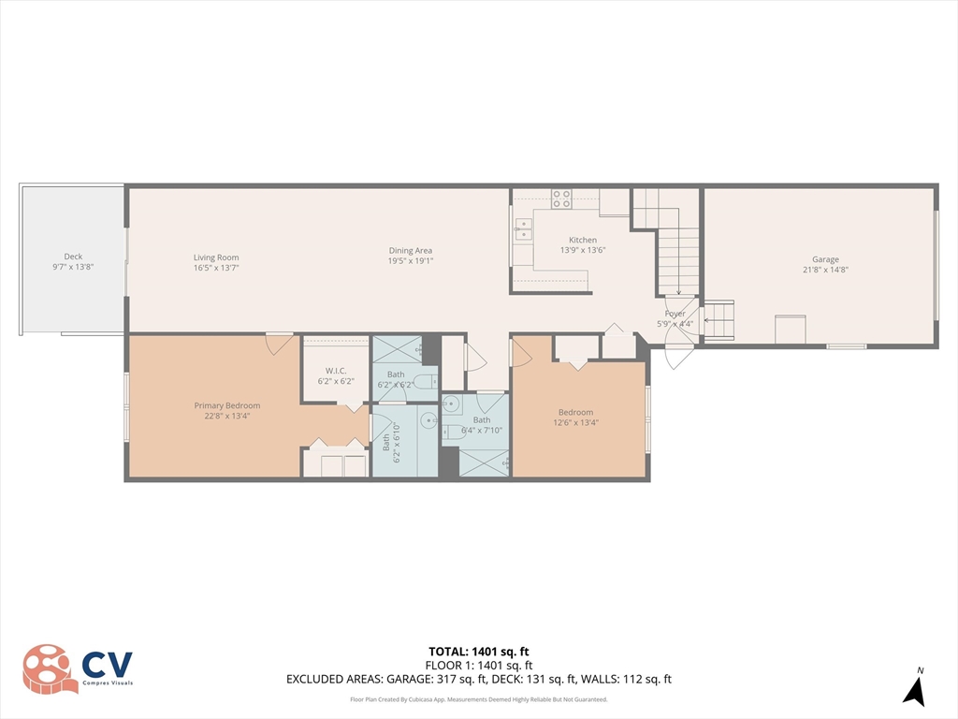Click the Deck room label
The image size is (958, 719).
[73, 257]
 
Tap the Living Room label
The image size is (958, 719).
[216, 258]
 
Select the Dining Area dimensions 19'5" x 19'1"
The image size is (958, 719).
[411, 261]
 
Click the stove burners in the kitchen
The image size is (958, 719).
[561, 198]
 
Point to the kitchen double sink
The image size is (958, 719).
[523, 229]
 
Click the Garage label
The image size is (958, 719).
[825, 259]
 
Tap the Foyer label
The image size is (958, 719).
[675, 314]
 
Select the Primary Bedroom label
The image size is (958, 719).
[227, 405]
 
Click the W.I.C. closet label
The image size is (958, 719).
[336, 371]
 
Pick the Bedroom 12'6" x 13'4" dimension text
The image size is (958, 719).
[576, 422]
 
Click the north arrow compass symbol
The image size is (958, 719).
[914, 692]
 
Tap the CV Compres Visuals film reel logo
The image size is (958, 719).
[51, 668]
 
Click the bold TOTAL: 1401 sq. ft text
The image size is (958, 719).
[479, 652]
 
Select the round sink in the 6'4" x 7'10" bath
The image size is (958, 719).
[451, 404]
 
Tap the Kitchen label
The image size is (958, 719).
[583, 241]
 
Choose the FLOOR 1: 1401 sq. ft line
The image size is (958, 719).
[479, 666]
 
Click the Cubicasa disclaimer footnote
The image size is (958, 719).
[479, 699]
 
